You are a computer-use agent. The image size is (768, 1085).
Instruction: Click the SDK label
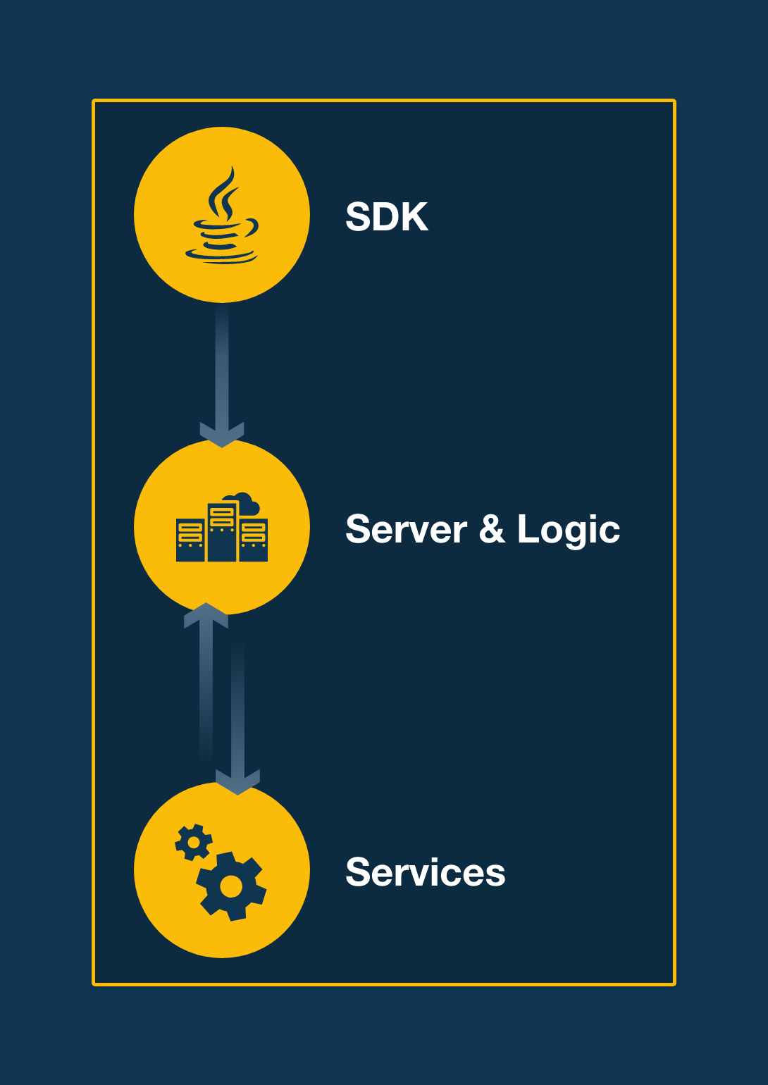click(x=386, y=217)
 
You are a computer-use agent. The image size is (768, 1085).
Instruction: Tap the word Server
click(x=406, y=530)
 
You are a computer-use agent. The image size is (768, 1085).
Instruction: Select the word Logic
click(x=568, y=530)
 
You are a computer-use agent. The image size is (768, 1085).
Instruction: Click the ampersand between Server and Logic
click(x=492, y=530)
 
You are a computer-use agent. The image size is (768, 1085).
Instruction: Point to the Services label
click(x=425, y=872)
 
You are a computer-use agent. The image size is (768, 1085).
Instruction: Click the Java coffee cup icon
click(x=223, y=232)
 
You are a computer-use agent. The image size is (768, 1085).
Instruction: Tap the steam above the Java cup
click(x=225, y=194)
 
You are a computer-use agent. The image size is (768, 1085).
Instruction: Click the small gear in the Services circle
click(x=193, y=842)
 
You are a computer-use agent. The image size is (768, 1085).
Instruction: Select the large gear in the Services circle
click(x=230, y=886)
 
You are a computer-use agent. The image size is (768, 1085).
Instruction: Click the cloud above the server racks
click(x=244, y=503)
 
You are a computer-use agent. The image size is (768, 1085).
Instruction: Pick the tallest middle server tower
click(x=222, y=532)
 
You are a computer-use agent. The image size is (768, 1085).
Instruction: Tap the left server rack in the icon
click(x=190, y=540)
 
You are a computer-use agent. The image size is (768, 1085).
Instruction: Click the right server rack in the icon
click(x=254, y=540)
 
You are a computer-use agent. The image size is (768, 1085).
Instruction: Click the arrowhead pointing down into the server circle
click(x=222, y=435)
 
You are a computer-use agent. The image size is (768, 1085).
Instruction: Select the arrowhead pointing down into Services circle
click(x=238, y=782)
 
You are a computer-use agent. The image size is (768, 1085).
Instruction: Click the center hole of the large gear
click(x=230, y=886)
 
